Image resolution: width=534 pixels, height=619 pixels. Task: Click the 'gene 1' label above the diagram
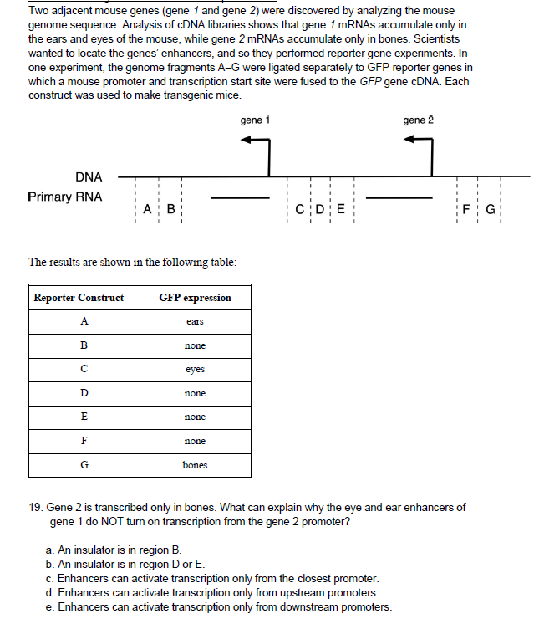[255, 120]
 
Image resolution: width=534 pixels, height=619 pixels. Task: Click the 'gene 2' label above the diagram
[418, 120]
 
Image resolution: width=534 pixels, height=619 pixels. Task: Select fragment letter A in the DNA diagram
[147, 210]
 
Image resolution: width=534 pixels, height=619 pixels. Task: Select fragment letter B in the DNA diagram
[170, 210]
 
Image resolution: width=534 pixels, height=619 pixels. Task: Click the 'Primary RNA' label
[65, 197]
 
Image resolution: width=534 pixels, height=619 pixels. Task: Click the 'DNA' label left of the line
[89, 176]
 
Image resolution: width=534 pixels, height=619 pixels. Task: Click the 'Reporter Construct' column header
[79, 298]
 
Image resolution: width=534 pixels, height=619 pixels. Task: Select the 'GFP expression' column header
[195, 298]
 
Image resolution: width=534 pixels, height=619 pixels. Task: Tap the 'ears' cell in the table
[195, 322]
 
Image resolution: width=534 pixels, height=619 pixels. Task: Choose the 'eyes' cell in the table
[195, 369]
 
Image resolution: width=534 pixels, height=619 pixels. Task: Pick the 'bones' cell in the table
[195, 464]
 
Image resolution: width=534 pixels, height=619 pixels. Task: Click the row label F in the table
[84, 440]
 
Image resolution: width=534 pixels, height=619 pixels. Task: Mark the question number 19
[36, 507]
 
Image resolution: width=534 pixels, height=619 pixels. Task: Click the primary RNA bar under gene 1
[238, 198]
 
